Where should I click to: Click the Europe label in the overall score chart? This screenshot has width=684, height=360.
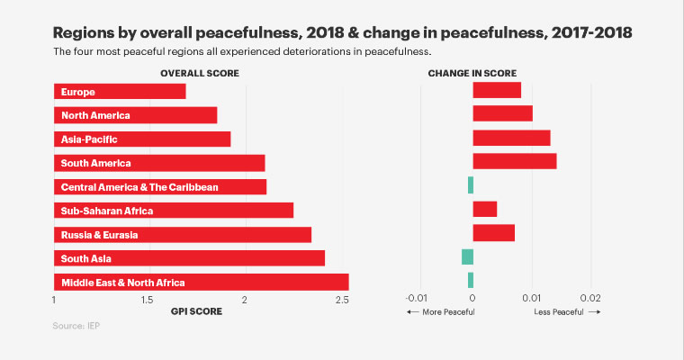click(x=78, y=92)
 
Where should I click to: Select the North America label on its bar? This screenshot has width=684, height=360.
click(x=95, y=115)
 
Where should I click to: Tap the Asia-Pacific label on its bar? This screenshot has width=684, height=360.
click(x=89, y=139)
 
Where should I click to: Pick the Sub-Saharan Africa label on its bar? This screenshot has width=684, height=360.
click(x=107, y=211)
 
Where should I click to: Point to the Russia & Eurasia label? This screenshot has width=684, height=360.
click(x=99, y=234)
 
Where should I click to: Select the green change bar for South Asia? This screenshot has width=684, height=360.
click(x=467, y=257)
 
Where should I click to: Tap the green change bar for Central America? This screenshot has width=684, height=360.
click(x=470, y=185)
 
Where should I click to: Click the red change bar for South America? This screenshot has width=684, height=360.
click(x=514, y=161)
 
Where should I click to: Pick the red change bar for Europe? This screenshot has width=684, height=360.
click(x=497, y=90)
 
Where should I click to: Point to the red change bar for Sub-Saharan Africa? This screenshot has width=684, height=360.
click(x=485, y=209)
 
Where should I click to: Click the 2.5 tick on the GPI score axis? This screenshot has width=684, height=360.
click(x=342, y=299)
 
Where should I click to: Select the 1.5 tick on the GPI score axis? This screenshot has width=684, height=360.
click(x=148, y=299)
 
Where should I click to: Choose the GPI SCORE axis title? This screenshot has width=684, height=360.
click(x=196, y=311)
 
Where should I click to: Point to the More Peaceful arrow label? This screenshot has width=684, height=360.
click(x=441, y=311)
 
